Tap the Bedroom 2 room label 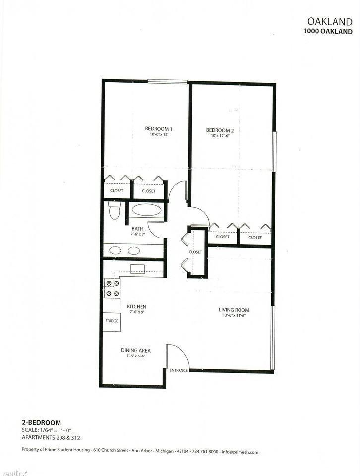(220, 130)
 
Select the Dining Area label (136, 350)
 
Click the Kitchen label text (136, 306)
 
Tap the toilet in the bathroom (114, 211)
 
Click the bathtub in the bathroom (145, 210)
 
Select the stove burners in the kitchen (112, 288)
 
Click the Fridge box (112, 321)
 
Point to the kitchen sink (137, 268)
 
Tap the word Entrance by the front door (179, 371)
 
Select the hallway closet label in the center (195, 252)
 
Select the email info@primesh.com (241, 452)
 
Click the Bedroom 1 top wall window (167, 82)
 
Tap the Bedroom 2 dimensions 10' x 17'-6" (220, 136)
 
